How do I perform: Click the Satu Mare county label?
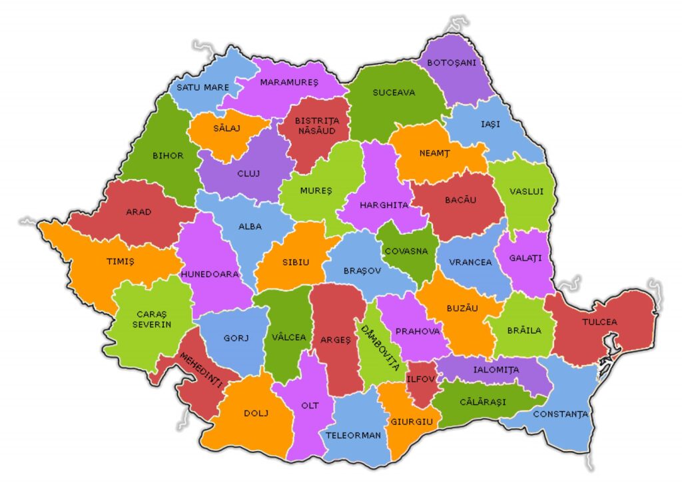202,87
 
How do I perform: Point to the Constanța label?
559,414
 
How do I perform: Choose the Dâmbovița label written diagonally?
380,347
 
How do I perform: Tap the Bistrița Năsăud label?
317,126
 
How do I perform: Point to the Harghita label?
384,205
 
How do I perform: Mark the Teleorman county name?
353,435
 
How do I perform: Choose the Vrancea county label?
470,262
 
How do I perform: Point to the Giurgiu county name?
412,422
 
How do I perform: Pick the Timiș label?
121,262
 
